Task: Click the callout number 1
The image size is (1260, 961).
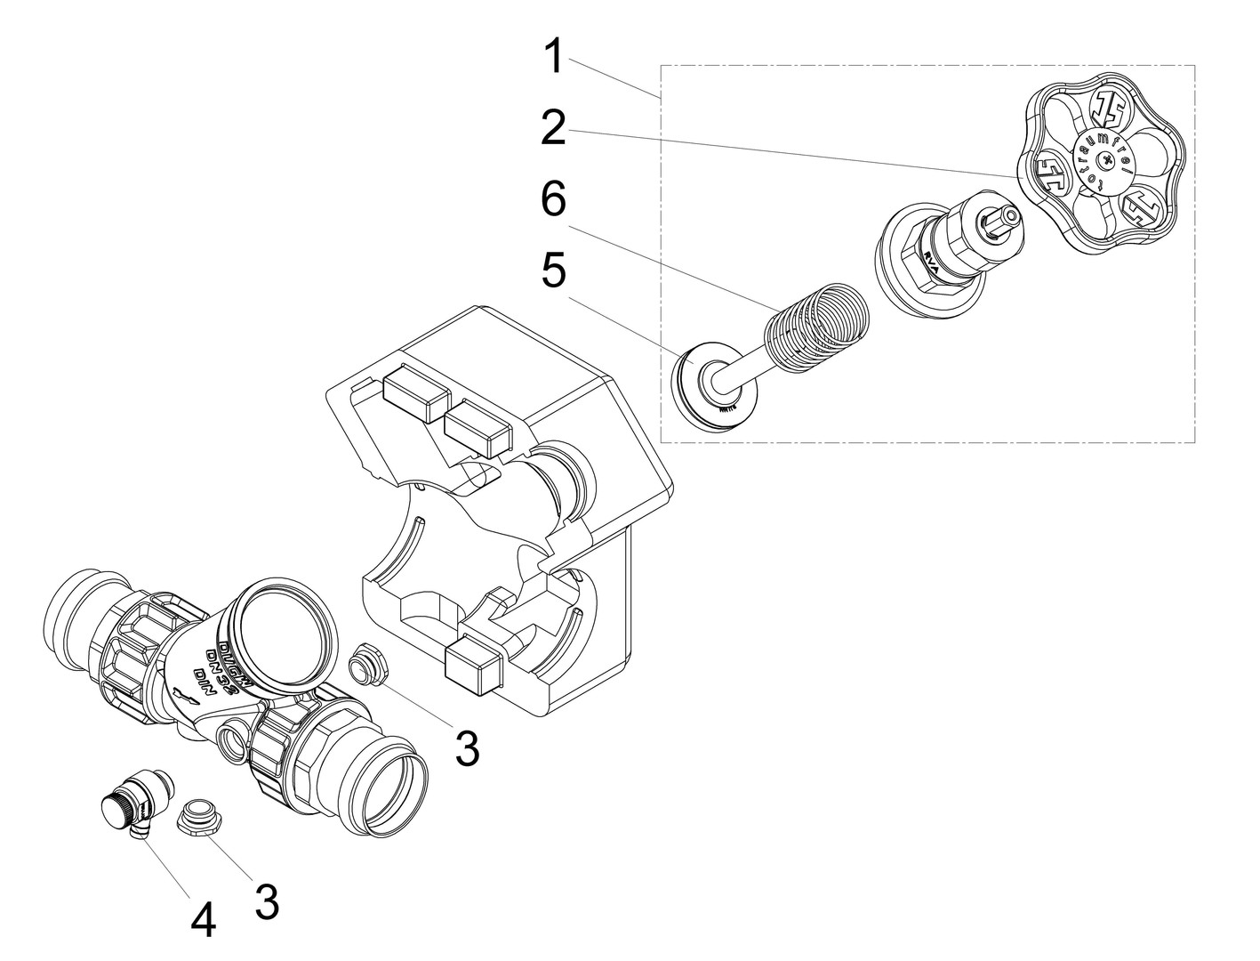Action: coord(553,57)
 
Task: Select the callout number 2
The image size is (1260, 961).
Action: coord(553,130)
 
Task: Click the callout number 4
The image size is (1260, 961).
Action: coord(204,920)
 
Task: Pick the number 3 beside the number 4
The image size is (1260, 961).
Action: coord(266,900)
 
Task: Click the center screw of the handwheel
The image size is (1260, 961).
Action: coord(1105,161)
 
